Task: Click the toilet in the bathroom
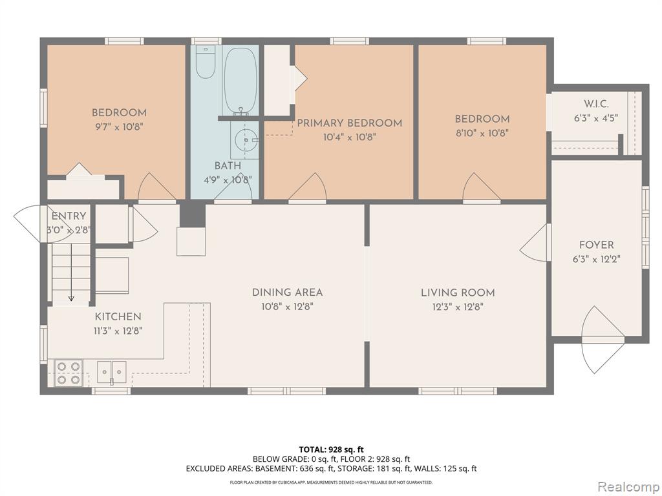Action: click(x=206, y=63)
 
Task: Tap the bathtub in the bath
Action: click(x=240, y=80)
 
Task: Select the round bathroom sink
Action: click(x=245, y=139)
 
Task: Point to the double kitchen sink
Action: click(x=112, y=372)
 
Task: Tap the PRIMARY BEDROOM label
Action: click(x=350, y=123)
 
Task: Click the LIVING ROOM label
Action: click(x=458, y=293)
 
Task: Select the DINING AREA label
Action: click(x=287, y=293)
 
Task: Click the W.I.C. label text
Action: click(x=596, y=104)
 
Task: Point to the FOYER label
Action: click(x=596, y=245)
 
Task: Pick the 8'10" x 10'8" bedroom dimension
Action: click(x=481, y=133)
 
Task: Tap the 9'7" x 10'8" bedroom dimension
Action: click(x=120, y=127)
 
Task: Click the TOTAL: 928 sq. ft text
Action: click(x=331, y=449)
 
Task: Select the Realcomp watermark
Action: click(x=628, y=486)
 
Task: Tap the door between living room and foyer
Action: click(x=535, y=243)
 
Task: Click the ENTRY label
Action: click(x=69, y=216)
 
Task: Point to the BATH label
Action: click(x=228, y=166)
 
